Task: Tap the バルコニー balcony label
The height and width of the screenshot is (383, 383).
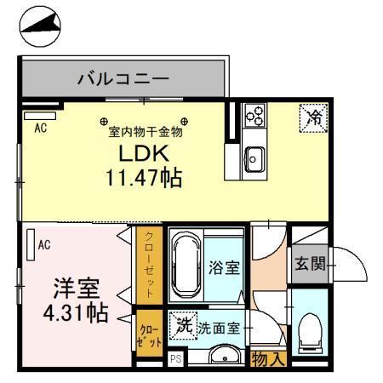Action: coord(123,80)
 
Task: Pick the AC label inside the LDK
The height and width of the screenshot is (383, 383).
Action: coord(39,129)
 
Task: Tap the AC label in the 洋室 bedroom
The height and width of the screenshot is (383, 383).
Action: coord(44,245)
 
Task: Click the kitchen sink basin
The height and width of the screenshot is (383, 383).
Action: coord(254,156)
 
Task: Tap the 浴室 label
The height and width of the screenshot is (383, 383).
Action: coord(224,267)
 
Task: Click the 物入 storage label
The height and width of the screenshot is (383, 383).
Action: coord(269,359)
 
